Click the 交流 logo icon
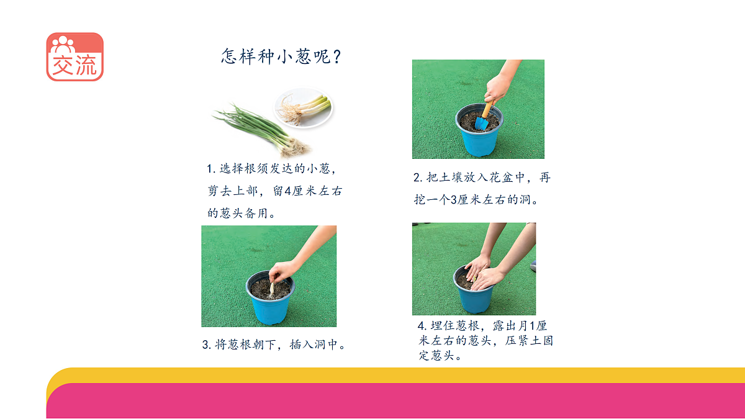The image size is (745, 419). (74, 56)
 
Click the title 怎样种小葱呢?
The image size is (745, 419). (281, 57)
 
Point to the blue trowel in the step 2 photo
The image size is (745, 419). (482, 120)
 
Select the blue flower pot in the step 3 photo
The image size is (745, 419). (270, 305)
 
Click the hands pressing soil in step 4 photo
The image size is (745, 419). (483, 274)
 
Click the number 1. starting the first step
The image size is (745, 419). (211, 169)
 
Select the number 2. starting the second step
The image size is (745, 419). (418, 178)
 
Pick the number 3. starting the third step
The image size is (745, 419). (207, 345)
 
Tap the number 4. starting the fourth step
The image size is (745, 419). (422, 326)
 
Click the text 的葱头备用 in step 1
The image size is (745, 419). (241, 213)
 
